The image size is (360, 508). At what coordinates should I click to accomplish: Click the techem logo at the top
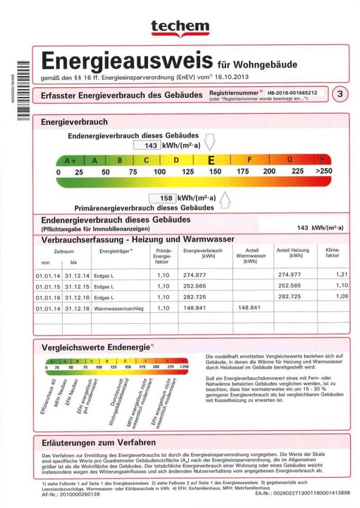180,26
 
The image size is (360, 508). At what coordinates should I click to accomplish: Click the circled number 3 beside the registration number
340,94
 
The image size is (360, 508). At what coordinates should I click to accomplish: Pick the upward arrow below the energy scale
224,201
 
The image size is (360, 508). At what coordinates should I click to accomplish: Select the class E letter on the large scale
211,160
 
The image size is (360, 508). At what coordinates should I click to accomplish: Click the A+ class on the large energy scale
70,160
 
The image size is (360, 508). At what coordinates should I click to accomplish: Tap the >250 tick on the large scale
323,171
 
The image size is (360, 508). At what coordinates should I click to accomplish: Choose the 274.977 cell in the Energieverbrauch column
194,275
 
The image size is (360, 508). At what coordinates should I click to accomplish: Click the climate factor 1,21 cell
341,274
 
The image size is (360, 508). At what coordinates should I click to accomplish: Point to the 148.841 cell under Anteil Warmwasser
249,307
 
